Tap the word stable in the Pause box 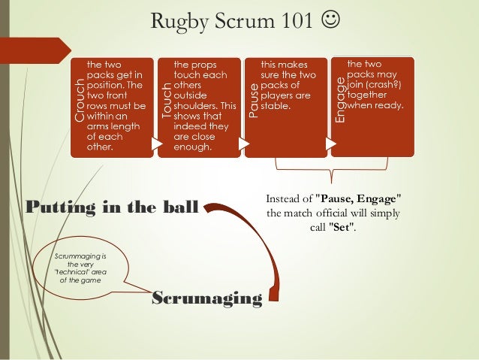[275, 106]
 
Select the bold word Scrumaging [206, 299]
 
